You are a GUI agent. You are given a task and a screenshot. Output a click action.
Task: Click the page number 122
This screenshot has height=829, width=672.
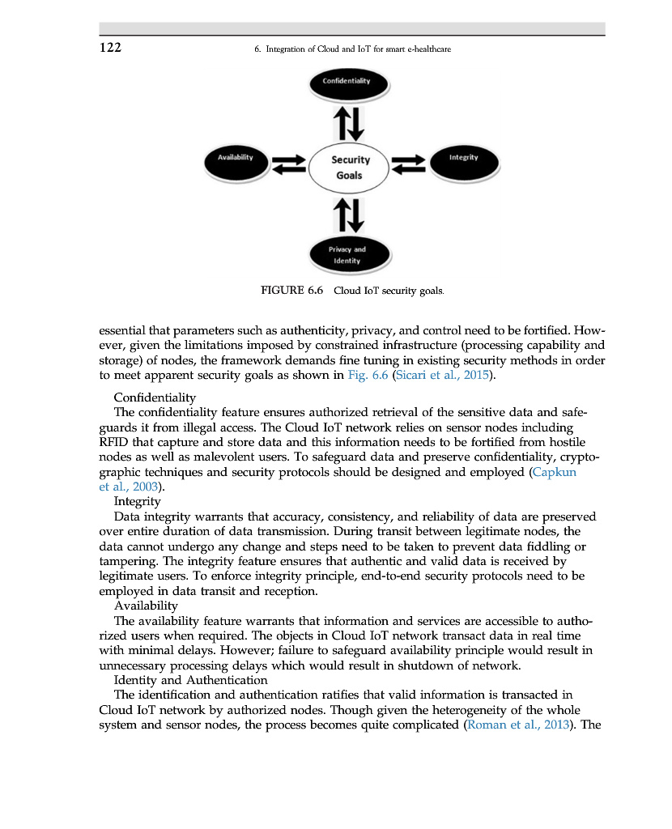coord(111,48)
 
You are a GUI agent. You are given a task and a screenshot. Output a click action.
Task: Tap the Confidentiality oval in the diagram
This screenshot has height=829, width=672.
coord(347,82)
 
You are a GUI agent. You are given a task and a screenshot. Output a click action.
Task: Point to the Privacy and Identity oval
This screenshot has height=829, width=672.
coord(347,255)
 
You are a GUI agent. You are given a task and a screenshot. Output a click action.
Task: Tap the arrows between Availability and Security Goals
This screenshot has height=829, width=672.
coord(287,164)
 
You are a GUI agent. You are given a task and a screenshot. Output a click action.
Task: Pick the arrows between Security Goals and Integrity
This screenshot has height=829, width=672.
coord(409,164)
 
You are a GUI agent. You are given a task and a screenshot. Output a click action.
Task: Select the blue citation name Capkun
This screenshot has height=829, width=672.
coord(554,472)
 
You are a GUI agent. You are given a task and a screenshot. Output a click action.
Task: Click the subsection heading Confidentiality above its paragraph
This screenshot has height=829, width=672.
coord(155,397)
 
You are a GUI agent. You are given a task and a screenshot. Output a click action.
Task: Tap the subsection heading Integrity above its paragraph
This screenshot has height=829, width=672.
coord(137,501)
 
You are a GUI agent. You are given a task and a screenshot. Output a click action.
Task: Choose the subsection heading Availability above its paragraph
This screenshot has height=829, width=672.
coord(146,606)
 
